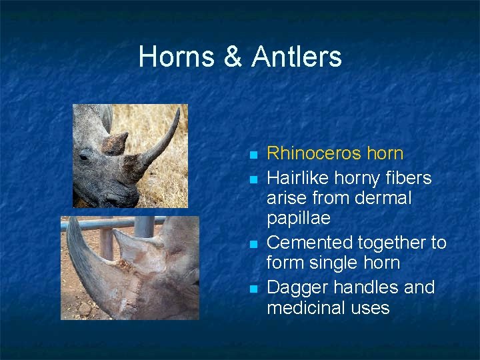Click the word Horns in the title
(x=176, y=57)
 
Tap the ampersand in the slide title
(x=233, y=57)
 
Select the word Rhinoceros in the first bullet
(x=315, y=153)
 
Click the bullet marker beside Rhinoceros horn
(x=253, y=155)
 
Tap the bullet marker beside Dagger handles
(x=253, y=289)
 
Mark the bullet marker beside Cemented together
(x=253, y=243)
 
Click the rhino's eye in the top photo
(x=85, y=157)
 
